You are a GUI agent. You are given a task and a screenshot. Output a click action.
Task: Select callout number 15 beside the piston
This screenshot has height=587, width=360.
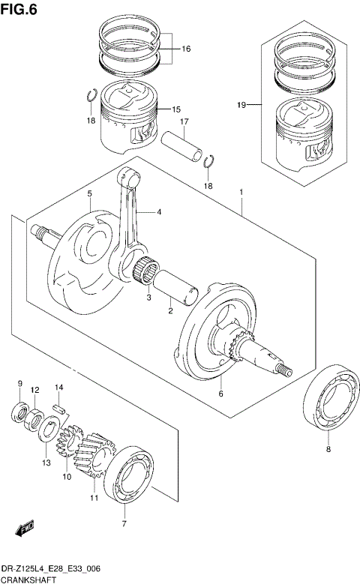click(175, 109)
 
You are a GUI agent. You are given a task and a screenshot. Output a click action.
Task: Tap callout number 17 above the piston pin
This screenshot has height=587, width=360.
click(183, 121)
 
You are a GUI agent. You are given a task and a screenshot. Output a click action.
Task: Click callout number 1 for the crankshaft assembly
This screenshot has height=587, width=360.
click(241, 193)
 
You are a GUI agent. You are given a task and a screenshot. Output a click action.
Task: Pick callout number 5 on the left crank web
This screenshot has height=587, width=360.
click(89, 193)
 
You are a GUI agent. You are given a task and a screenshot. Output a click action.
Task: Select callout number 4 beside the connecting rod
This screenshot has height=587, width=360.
click(158, 212)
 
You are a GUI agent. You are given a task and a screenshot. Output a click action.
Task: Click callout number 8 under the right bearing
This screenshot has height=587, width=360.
click(327, 449)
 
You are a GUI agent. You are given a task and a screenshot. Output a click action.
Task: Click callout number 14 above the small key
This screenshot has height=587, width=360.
click(59, 387)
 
